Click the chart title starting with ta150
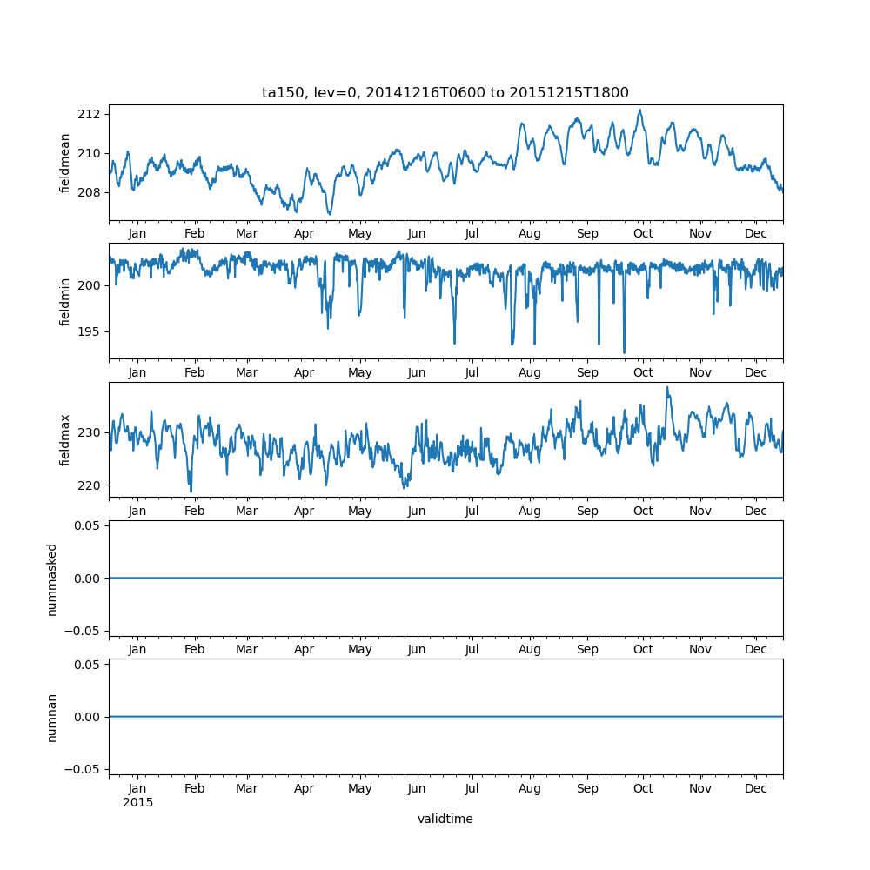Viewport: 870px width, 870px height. pos(445,92)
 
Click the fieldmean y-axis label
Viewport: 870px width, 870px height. pos(64,163)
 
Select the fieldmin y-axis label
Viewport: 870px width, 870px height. pos(64,301)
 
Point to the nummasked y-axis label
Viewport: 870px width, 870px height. pos(52,579)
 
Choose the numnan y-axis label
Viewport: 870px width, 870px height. pos(52,717)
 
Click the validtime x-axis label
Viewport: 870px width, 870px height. pos(445,819)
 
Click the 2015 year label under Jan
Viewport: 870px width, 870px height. pos(137,802)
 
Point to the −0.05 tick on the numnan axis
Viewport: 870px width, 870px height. pos(85,769)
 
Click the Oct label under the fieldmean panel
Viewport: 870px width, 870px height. pos(643,234)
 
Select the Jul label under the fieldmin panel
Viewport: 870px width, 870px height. pos(472,372)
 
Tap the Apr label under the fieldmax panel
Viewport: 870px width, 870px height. pos(304,511)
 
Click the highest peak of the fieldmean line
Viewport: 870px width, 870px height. pos(639,110)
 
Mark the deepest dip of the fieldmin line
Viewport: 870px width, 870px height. pos(624,352)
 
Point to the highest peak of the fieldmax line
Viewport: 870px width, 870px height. pos(667,387)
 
